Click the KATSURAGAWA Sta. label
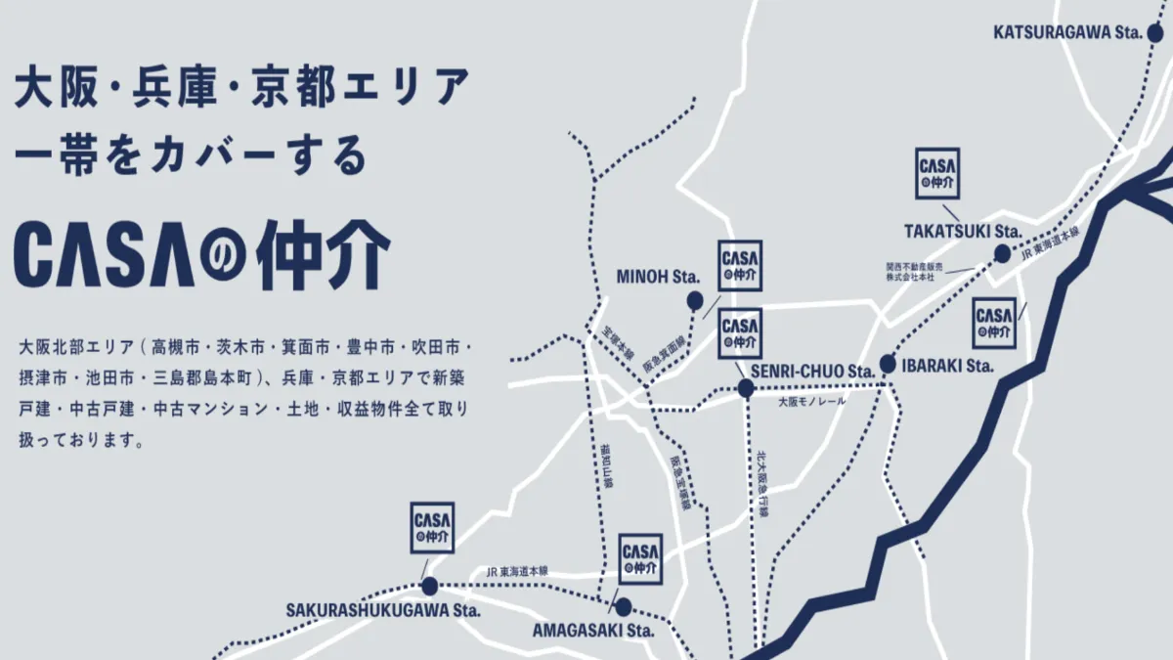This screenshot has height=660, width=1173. (1067, 33)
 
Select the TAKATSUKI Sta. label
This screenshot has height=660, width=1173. (962, 232)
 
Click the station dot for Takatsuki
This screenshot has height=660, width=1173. (1002, 254)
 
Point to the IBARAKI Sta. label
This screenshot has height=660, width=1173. (946, 366)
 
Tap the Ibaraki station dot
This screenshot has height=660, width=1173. (888, 365)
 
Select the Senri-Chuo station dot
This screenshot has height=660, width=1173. (746, 388)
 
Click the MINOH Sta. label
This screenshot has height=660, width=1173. (658, 278)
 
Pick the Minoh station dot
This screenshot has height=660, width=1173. (695, 300)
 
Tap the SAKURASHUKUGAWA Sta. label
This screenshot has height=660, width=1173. (383, 610)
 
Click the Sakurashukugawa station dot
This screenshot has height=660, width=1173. (429, 587)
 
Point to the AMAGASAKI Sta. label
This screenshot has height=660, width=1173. (592, 630)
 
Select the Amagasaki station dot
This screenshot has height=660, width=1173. (623, 606)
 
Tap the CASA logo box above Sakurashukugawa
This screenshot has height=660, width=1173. (432, 528)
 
